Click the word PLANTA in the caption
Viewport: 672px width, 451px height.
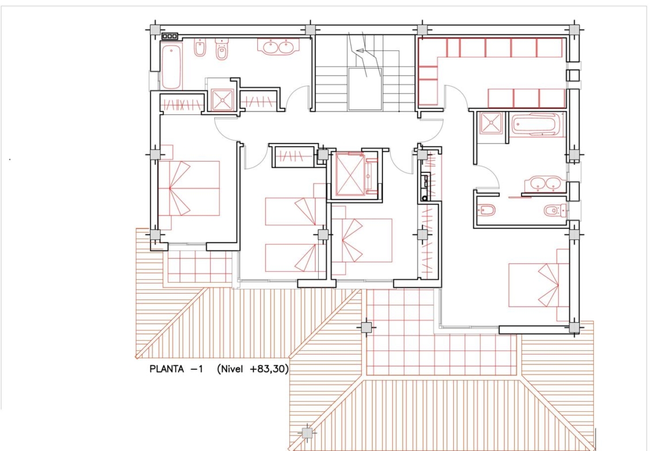point(167,369)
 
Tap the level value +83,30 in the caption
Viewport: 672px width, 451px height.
point(268,369)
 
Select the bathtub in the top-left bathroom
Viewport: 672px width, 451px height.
point(171,67)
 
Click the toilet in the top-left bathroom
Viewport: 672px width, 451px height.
point(222,51)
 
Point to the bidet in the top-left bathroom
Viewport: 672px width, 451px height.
point(200,48)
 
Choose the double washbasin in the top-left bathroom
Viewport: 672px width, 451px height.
point(278,47)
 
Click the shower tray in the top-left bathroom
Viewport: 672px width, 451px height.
point(223,101)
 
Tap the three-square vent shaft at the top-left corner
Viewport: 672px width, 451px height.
point(169,36)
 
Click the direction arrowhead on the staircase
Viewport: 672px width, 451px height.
point(360,51)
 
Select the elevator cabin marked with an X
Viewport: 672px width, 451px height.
point(350,174)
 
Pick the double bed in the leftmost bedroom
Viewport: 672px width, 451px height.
point(188,188)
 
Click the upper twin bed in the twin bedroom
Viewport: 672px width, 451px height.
point(295,211)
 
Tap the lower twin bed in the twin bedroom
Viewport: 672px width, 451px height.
point(295,257)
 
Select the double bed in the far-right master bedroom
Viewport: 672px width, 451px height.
point(539,285)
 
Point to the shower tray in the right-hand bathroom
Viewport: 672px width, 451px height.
point(491,123)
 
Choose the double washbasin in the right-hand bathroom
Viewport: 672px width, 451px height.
point(543,184)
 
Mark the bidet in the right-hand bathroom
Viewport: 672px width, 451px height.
point(486,210)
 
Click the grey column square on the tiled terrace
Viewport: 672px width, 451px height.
point(366,327)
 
